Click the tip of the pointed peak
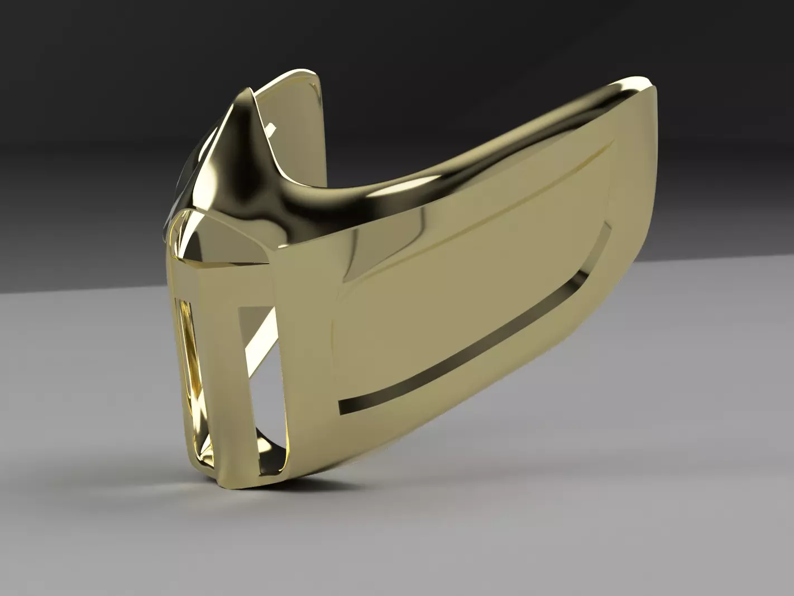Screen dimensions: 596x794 [x=245, y=91]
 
